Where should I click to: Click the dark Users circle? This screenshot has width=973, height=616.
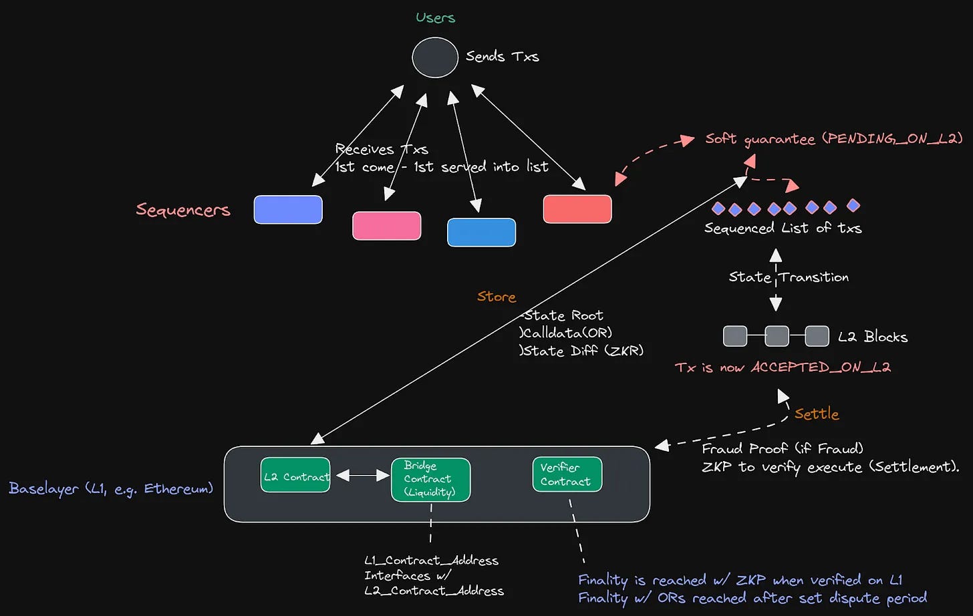[x=435, y=57]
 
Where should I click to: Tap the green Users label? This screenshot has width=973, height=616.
[x=435, y=18]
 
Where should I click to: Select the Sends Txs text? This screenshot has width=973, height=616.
[x=502, y=57]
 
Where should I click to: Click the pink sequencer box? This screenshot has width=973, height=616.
[x=386, y=226]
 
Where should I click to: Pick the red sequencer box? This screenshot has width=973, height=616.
[x=577, y=209]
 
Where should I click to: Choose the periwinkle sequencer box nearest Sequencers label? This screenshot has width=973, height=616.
[x=288, y=210]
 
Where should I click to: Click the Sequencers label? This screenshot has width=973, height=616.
[x=183, y=210]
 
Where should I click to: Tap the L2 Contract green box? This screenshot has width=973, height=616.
[x=295, y=476]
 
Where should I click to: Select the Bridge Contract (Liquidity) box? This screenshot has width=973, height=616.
[x=430, y=479]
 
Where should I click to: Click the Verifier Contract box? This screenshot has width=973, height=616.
[x=567, y=474]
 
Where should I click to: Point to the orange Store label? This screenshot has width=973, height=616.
[x=497, y=297]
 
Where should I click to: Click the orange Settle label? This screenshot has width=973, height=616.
[x=816, y=414]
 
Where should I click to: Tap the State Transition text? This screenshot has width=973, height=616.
[x=789, y=277]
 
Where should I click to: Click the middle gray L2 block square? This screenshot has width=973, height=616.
[x=777, y=336]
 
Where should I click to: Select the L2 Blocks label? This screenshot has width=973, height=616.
[x=873, y=337]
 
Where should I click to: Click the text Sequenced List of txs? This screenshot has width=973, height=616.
[x=783, y=228]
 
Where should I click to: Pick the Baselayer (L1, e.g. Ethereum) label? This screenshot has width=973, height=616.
[x=111, y=488]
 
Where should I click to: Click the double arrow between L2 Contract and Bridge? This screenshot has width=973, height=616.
[x=363, y=476]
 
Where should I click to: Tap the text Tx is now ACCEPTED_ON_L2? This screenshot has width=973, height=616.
[x=783, y=367]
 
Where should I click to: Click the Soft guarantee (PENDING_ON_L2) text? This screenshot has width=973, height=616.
[x=833, y=139]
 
